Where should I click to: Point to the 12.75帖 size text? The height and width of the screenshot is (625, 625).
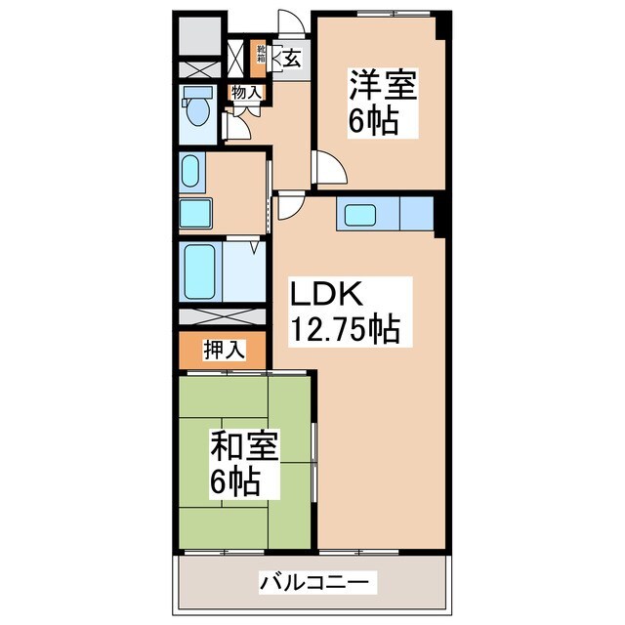pyautogui.click(x=341, y=330)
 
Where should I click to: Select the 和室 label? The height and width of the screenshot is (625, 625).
pyautogui.click(x=245, y=449)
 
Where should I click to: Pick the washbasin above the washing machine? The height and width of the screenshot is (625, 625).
pyautogui.click(x=191, y=173)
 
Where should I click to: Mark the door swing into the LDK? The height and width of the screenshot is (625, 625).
pyautogui.click(x=289, y=206)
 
